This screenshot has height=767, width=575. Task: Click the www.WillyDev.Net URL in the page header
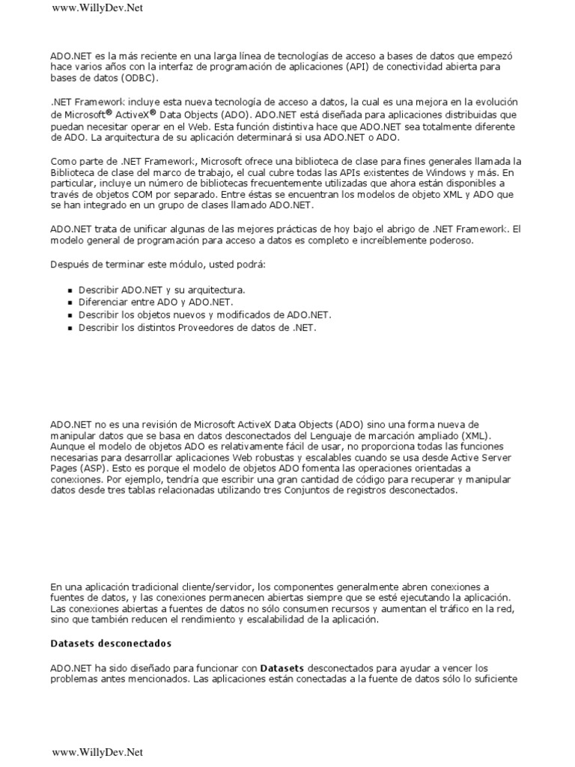coord(97,8)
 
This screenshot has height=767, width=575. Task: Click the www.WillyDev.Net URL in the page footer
coord(97,752)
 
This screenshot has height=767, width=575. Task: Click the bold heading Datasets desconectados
coord(111,643)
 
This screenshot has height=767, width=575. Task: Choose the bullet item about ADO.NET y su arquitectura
coord(162,289)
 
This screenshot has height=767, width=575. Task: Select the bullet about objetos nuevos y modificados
coord(204,315)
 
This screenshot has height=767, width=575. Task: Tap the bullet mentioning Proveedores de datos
coord(197,327)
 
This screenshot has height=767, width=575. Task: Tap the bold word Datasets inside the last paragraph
coord(283,667)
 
